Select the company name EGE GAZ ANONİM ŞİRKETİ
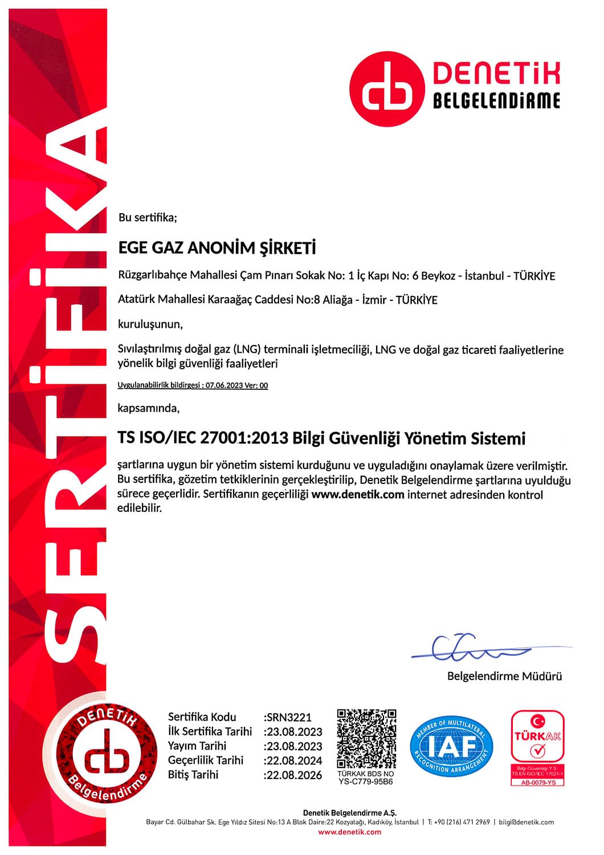[x=217, y=249]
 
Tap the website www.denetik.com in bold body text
[x=358, y=494]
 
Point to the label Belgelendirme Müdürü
[x=504, y=677]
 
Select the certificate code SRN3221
[x=289, y=717]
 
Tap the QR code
[x=366, y=739]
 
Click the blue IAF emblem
[x=451, y=747]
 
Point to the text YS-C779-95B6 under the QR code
[x=366, y=782]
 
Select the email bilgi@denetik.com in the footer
[x=527, y=822]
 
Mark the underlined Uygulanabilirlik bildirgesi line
[x=193, y=385]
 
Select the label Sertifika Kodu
[x=202, y=717]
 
